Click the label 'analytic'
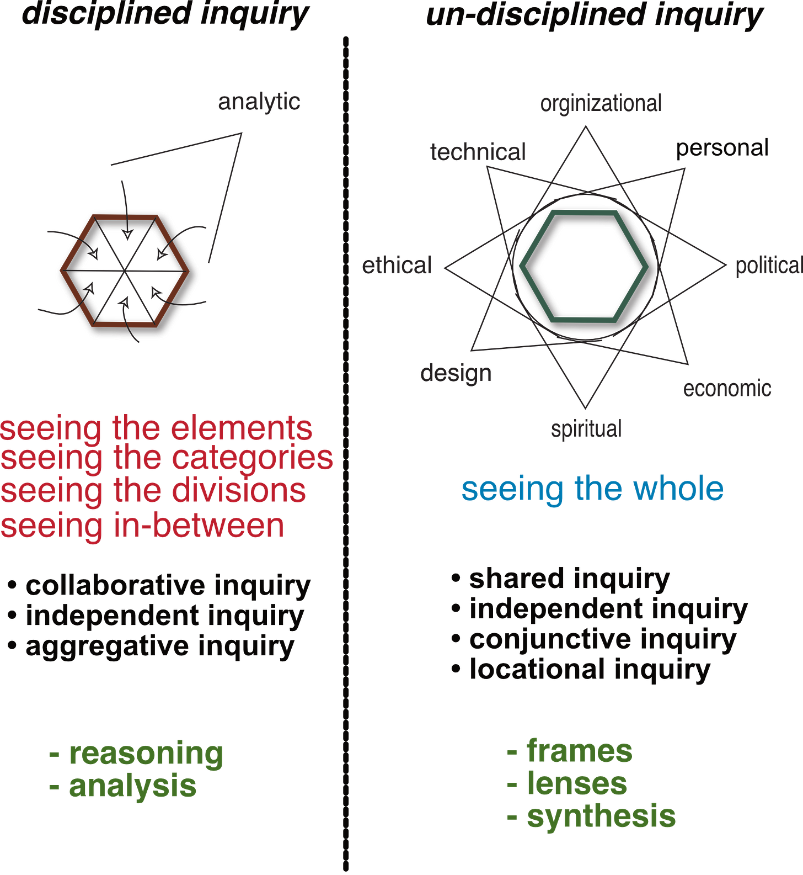259,103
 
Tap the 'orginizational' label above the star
601,104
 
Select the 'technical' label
478,152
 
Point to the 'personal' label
722,147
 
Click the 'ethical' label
397,266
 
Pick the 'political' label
768,266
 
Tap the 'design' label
456,374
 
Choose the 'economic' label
726,389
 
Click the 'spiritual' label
587,428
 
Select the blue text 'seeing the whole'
592,489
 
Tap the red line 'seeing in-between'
143,526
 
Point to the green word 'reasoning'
146,754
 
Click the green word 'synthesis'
601,817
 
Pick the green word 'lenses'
577,784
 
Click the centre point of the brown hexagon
127,271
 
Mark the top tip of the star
586,127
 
